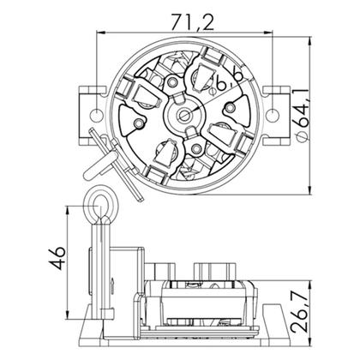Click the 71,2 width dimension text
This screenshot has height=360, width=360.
pyautogui.click(x=193, y=22)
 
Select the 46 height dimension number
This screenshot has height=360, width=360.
pyautogui.click(x=57, y=258)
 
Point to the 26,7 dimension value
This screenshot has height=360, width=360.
pyautogui.click(x=300, y=313)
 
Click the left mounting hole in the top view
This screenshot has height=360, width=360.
pyautogui.click(x=96, y=114)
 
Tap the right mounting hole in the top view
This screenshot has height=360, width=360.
pyautogui.click(x=272, y=114)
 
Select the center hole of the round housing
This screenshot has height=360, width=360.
pyautogui.click(x=183, y=115)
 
